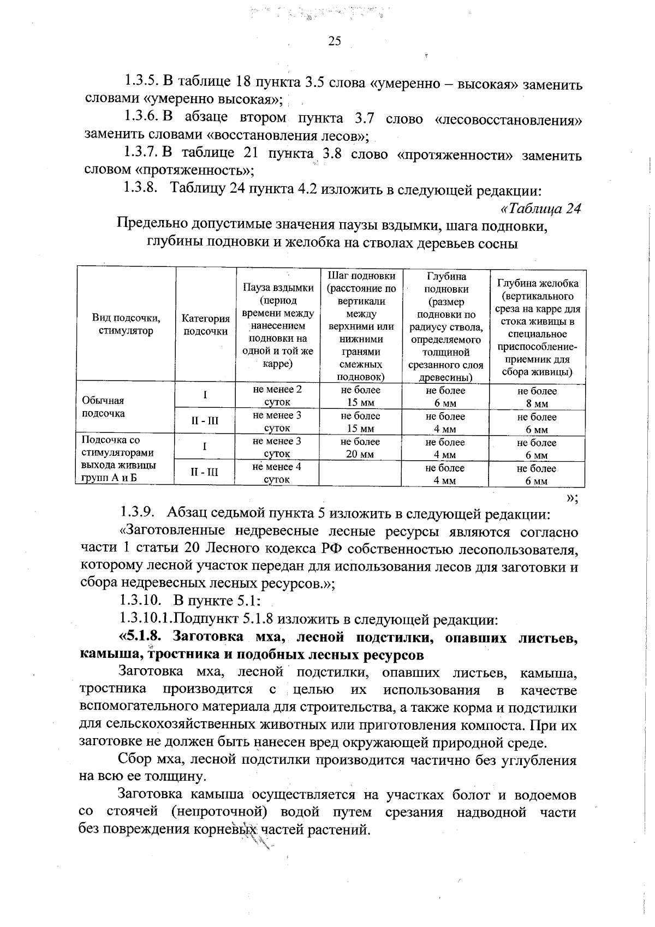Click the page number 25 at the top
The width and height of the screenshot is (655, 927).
click(335, 41)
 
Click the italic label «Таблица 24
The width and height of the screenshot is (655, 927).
click(540, 209)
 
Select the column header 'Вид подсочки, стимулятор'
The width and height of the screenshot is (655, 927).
click(126, 324)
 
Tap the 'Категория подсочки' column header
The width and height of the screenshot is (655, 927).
click(205, 324)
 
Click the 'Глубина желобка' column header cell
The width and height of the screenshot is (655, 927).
click(537, 327)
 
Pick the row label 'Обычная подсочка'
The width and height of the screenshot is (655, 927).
click(103, 407)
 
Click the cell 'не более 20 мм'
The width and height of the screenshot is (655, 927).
click(360, 448)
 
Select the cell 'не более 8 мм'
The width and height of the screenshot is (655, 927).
click(537, 397)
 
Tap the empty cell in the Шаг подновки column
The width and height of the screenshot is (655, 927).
click(360, 473)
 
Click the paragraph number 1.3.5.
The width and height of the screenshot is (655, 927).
click(141, 83)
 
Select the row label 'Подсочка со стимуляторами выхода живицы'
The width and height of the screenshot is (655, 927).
click(117, 453)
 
